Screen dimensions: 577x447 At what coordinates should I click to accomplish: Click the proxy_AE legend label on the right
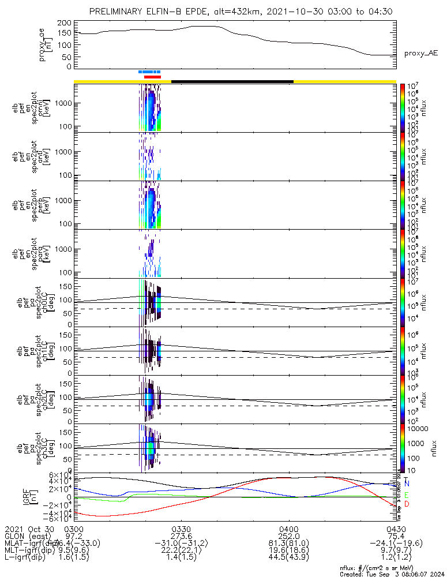(x=420, y=53)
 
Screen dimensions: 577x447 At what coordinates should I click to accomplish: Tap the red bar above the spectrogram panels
(x=153, y=77)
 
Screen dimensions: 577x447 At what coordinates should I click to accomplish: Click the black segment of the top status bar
(x=232, y=81)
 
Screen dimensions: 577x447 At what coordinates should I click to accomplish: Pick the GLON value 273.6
(x=181, y=536)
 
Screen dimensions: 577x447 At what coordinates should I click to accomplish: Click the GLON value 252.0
(x=288, y=536)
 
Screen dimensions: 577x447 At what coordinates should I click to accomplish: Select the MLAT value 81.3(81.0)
(x=288, y=543)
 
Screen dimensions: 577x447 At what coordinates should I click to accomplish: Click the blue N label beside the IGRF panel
(x=407, y=483)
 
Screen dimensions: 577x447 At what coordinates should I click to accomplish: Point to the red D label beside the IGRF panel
(x=407, y=504)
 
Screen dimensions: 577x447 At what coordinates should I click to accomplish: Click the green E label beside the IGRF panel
(x=407, y=495)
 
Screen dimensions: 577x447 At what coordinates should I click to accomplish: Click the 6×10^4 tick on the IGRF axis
(x=58, y=473)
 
